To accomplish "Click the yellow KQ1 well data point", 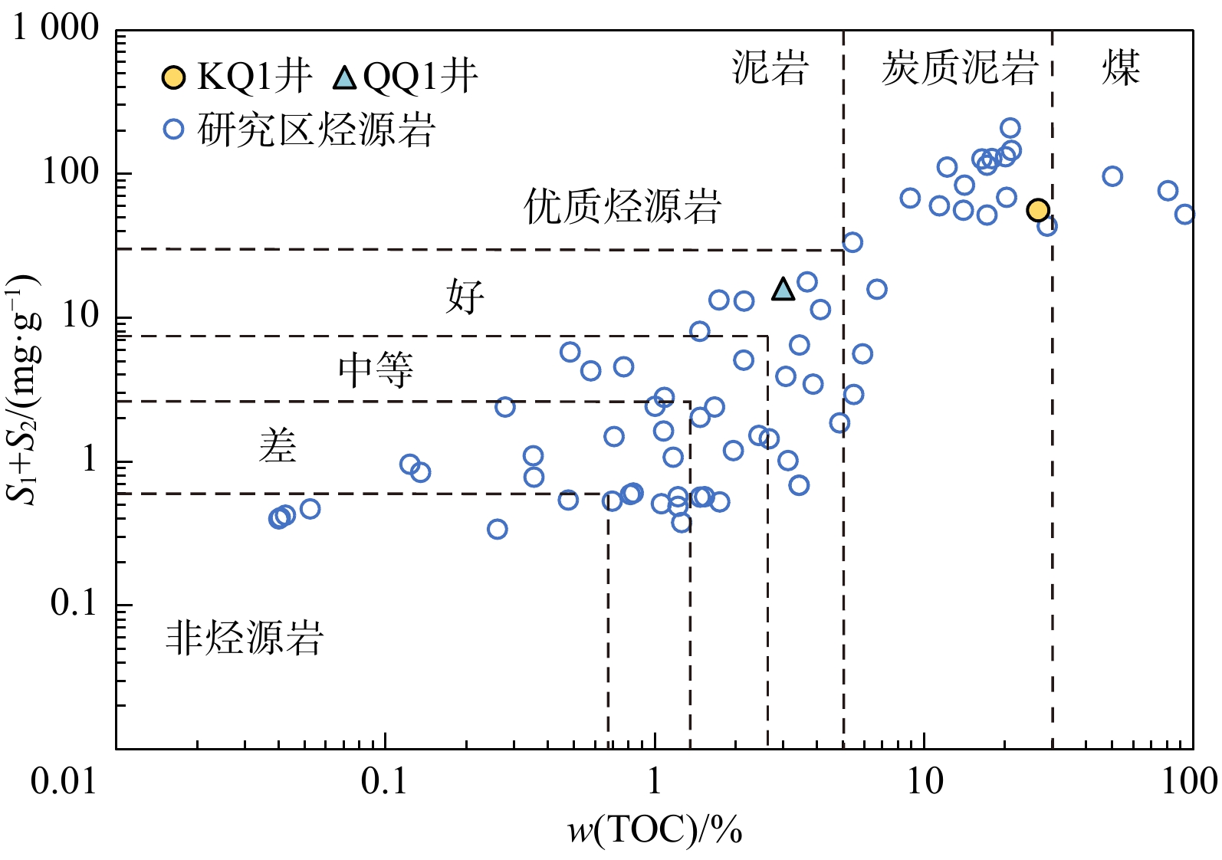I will coord(1037,210).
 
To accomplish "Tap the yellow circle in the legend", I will coord(174,77).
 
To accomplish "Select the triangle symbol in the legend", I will coord(346,77).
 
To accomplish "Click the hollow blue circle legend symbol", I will coord(174,128).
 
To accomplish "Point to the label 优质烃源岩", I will coord(622,206).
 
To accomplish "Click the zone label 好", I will coord(465,297).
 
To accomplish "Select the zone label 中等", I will coord(376,370).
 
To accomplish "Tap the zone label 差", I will coord(278,445).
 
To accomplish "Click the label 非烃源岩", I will coord(245,638).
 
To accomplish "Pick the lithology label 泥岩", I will coord(770,67).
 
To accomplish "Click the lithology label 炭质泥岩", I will coord(959,67).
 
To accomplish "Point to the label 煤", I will coord(1121,67).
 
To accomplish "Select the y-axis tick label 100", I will coord(71,172).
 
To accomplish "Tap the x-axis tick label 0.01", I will coord(64,782).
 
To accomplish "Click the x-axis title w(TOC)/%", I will coord(655,830).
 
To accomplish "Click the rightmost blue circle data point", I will coord(1184,214).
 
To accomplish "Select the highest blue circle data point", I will coord(1010,128).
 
